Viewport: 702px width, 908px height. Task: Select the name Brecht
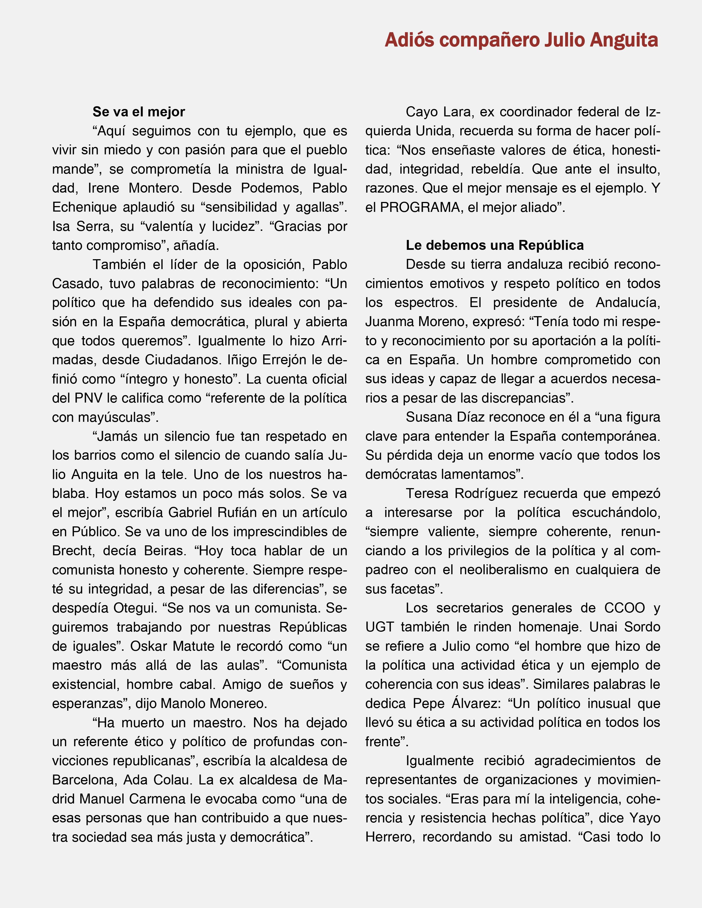pos(71,551)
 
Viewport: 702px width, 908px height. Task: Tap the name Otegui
pos(134,608)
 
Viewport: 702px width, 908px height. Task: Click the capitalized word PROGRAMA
pos(420,207)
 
